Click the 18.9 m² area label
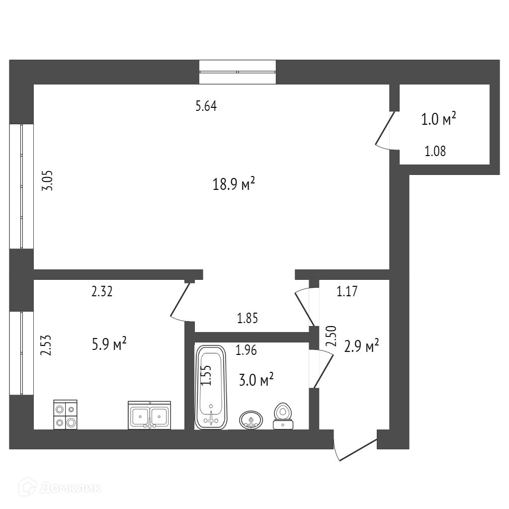(x=234, y=184)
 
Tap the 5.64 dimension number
(x=206, y=106)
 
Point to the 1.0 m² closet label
(x=439, y=119)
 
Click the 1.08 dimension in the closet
(x=435, y=151)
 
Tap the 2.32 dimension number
(x=102, y=291)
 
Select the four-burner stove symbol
(x=65, y=415)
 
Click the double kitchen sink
(x=149, y=416)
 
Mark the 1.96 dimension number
(x=246, y=351)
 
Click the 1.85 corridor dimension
(x=248, y=319)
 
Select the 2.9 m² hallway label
(x=362, y=346)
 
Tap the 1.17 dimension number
(x=347, y=292)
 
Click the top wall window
(x=237, y=72)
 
